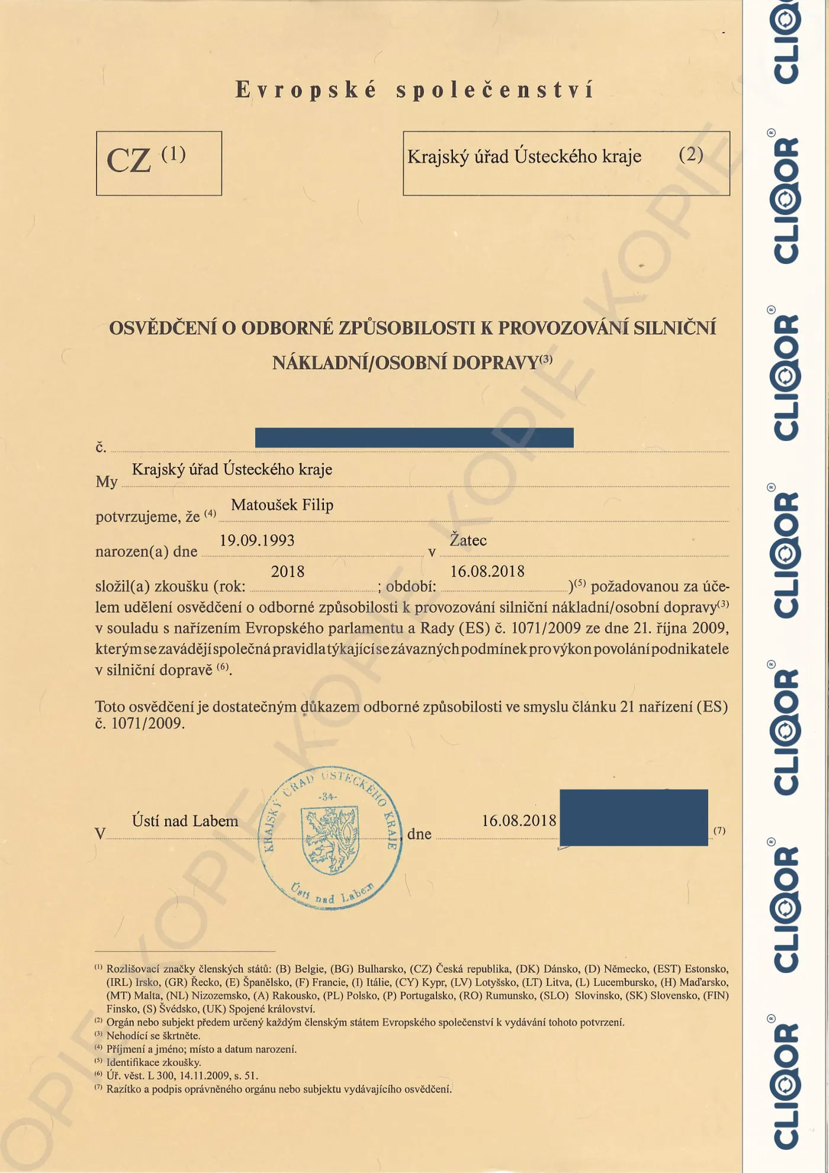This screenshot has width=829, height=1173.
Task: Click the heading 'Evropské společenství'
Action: coord(415,91)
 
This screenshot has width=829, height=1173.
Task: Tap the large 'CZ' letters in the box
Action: coord(129,161)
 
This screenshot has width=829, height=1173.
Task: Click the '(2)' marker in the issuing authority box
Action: coord(690,155)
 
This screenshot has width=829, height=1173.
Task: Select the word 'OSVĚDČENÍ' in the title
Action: coord(163,328)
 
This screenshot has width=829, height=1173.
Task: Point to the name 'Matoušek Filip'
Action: coord(282,505)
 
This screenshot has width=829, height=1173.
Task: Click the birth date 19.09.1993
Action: coord(257,540)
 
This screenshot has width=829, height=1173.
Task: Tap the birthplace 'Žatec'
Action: coord(468,540)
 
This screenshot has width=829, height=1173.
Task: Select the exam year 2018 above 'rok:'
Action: coord(287,572)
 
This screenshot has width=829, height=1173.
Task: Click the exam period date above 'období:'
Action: coord(487,572)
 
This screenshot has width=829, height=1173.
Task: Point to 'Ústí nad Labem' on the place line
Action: coord(185,821)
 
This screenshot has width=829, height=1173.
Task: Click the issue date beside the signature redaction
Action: coord(519,821)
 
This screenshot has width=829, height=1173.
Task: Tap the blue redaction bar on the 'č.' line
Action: coord(414,437)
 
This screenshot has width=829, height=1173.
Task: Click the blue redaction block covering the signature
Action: coord(633,817)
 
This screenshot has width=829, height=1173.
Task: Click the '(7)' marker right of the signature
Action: coord(719,830)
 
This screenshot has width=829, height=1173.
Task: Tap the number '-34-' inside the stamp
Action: coord(327,797)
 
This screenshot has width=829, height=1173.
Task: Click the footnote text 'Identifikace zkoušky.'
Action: coord(153,1062)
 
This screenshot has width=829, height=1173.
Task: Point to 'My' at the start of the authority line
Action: coord(107,482)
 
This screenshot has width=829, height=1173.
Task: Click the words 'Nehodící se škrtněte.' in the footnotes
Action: coord(153,1036)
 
